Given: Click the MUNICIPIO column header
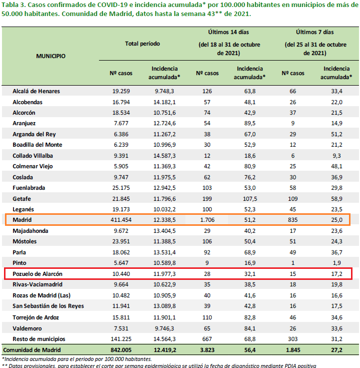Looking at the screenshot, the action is click(50, 56).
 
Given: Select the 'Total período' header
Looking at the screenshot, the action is click(142, 44).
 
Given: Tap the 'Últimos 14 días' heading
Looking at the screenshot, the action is click(228, 32).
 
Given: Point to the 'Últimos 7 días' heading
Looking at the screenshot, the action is click(315, 32).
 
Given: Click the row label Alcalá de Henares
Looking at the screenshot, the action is click(36, 91).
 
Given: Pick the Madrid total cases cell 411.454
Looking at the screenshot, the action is click(121, 220).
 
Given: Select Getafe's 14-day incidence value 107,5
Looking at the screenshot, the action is click(250, 199).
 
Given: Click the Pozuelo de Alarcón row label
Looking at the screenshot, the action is click(37, 274).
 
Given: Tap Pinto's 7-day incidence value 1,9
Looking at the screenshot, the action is click(336, 263).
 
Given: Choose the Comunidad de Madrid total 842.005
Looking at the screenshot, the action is click(121, 350).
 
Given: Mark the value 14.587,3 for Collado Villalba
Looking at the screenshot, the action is click(164, 156).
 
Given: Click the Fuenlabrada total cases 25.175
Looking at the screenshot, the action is click(121, 188).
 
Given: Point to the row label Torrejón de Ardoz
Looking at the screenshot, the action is click(35, 317).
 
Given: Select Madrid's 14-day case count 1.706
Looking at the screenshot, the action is click(207, 220).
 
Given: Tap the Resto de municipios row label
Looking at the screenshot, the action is click(39, 339).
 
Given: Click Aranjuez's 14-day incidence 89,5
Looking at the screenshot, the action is click(250, 123).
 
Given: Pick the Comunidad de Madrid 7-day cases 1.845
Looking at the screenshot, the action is click(293, 350).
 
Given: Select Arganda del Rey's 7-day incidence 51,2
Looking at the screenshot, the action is click(336, 134).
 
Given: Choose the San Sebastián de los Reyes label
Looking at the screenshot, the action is click(48, 306).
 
